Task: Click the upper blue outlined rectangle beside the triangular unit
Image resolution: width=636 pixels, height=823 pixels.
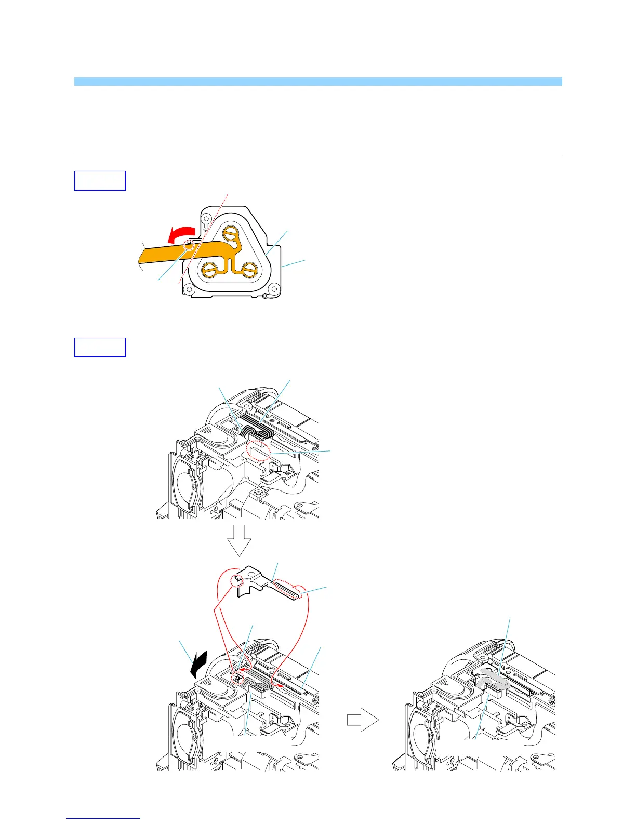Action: pyautogui.click(x=100, y=181)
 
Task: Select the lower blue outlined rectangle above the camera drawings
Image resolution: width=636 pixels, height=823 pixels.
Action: pyautogui.click(x=100, y=348)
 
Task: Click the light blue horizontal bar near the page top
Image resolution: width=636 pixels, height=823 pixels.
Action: pyautogui.click(x=318, y=82)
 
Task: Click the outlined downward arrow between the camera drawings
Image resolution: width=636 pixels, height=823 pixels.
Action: pyautogui.click(x=239, y=540)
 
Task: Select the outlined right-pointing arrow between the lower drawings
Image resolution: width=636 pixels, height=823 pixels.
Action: pyautogui.click(x=363, y=721)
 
